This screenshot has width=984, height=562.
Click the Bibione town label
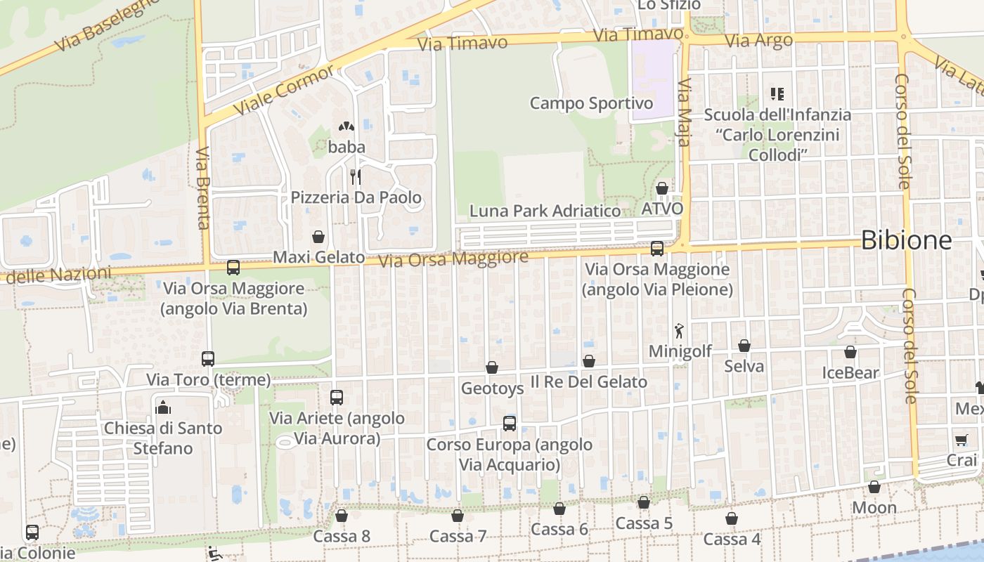906,240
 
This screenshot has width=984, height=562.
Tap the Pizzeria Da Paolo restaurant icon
356,176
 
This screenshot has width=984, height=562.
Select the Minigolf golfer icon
679,330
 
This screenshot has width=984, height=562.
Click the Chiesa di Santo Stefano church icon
163,407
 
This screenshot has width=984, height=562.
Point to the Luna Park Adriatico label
545,211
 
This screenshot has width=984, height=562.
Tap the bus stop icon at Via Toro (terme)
208,359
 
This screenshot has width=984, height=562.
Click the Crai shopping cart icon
961,440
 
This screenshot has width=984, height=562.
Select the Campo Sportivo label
591,103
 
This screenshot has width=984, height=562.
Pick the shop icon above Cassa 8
342,516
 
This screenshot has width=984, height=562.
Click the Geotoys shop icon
492,367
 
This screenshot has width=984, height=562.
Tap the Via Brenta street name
204,188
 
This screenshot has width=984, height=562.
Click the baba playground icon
346,126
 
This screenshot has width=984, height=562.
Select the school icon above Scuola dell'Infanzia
777,93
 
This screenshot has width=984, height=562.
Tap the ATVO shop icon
662,188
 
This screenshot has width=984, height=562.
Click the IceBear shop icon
850,352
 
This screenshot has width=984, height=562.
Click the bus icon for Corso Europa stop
510,424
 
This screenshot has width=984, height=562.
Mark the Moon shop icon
874,487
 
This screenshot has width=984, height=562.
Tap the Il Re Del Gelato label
588,382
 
